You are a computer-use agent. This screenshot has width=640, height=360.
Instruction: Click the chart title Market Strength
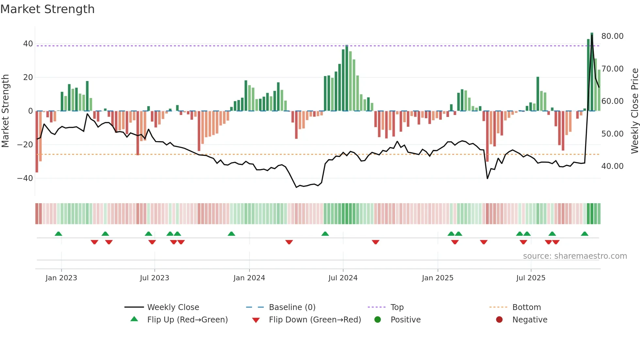[47, 9]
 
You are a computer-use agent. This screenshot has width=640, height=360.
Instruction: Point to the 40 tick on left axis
[28, 44]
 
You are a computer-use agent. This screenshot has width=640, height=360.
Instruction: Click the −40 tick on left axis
[25, 178]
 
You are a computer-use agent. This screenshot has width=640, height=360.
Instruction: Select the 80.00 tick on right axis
[612, 36]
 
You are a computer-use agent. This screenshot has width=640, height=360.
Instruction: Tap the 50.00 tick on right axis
[612, 134]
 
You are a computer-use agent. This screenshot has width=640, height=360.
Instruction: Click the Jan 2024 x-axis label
[249, 278]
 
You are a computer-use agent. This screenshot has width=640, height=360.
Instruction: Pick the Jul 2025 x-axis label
[531, 278]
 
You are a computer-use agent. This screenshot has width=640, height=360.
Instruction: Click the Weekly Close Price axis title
[634, 111]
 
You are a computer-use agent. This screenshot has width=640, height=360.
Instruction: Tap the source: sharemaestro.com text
[575, 256]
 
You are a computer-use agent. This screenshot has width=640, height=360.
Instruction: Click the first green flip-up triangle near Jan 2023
[58, 234]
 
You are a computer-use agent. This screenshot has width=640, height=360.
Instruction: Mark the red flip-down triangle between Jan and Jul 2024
[289, 242]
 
